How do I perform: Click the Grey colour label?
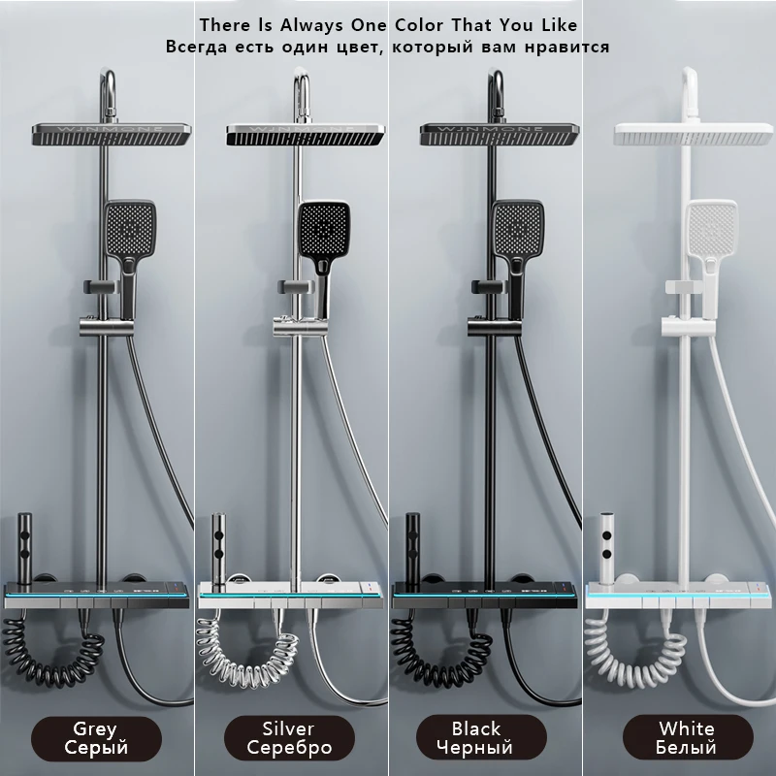point(95,737)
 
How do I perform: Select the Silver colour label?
point(289,737)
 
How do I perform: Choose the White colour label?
point(687,737)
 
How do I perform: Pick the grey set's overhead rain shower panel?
point(112,135)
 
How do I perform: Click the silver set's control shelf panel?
point(290,593)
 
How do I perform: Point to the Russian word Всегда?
point(198,47)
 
